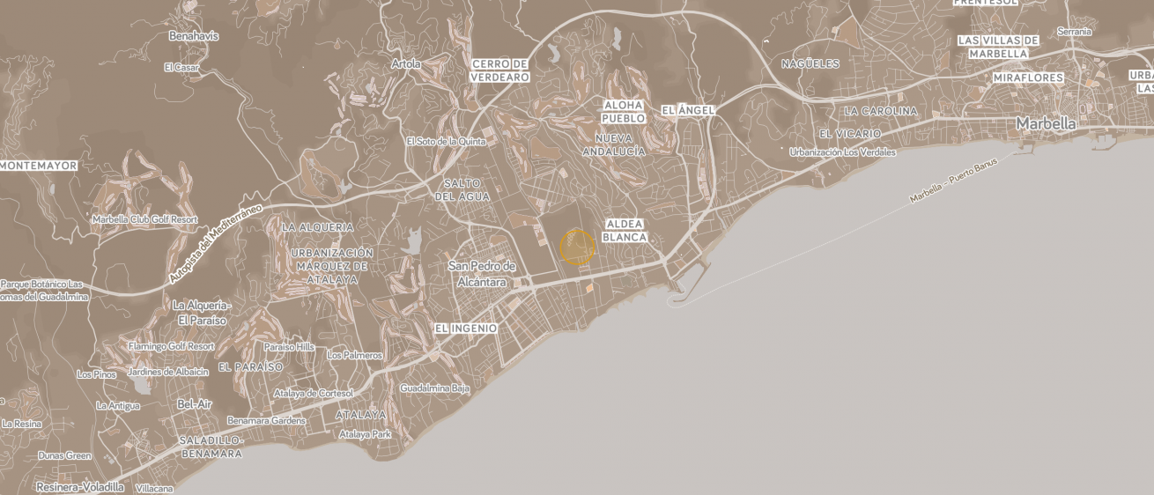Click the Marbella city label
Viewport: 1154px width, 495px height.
pyautogui.click(x=1046, y=124)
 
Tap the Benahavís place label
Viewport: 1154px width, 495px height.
pyautogui.click(x=194, y=36)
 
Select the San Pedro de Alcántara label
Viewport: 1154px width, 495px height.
pyautogui.click(x=482, y=274)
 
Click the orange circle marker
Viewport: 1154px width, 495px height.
pyautogui.click(x=577, y=247)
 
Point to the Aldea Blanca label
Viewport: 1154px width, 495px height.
pyautogui.click(x=625, y=231)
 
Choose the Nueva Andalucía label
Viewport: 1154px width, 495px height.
pyautogui.click(x=614, y=144)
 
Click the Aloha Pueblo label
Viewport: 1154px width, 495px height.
pyautogui.click(x=624, y=111)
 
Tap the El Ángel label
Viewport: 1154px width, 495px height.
pyautogui.click(x=688, y=110)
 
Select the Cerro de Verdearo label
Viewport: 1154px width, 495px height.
pyautogui.click(x=499, y=70)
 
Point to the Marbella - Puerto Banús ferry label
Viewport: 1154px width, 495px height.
pyautogui.click(x=954, y=181)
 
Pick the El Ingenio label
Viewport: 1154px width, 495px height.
pyautogui.click(x=466, y=329)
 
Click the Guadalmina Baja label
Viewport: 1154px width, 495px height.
pyautogui.click(x=434, y=388)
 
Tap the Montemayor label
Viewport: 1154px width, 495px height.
pyautogui.click(x=40, y=166)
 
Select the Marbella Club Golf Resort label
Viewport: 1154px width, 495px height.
pyautogui.click(x=145, y=219)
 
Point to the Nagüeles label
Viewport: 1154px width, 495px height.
pyautogui.click(x=810, y=63)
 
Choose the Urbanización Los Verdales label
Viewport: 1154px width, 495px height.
pyautogui.click(x=842, y=152)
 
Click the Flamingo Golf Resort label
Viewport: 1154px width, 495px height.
pyautogui.click(x=171, y=346)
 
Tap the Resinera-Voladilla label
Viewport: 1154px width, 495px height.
pyautogui.click(x=79, y=486)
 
